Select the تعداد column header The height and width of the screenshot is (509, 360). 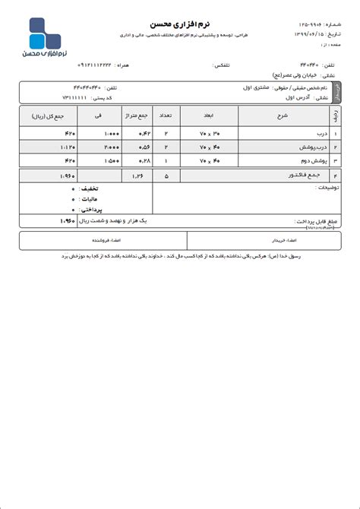click(x=165, y=117)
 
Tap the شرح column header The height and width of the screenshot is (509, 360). click(x=282, y=117)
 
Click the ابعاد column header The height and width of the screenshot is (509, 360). click(x=208, y=117)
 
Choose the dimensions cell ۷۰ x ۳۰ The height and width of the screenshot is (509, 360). click(x=208, y=134)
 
